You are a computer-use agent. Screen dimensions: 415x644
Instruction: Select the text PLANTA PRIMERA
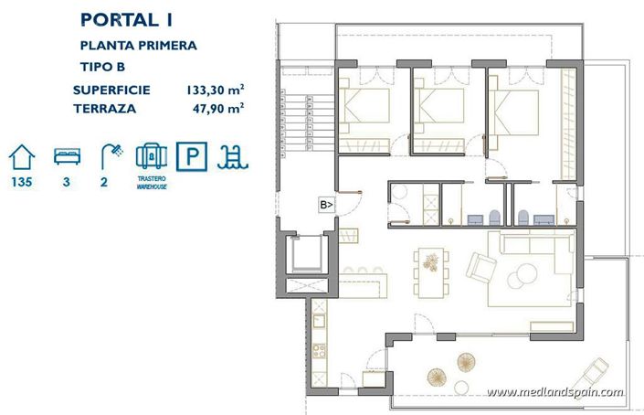[138, 44]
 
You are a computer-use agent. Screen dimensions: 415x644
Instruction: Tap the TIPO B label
[104, 67]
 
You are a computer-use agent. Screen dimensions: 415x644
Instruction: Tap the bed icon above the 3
[64, 154]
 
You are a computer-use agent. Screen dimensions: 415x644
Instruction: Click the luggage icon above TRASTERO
[151, 154]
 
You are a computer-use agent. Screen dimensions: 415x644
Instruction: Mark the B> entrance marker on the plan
[326, 205]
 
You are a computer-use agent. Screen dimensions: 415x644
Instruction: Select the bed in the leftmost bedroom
[364, 109]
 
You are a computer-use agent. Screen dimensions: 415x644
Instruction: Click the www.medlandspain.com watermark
[554, 392]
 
